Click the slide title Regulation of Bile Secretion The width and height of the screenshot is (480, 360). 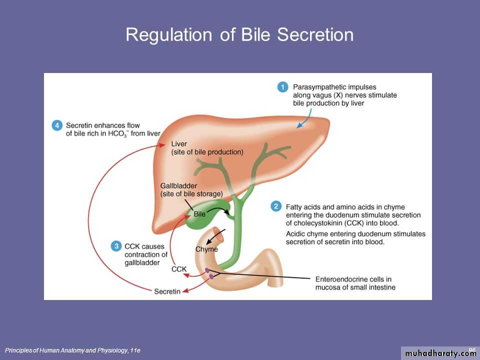(239, 34)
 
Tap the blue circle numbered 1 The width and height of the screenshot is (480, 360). (282, 87)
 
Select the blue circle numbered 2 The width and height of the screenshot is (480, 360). (275, 206)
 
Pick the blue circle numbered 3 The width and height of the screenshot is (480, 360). (116, 246)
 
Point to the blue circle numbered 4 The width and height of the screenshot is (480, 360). (57, 125)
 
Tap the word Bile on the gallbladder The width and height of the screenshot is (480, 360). (199, 214)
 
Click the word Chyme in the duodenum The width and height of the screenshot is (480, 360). (206, 249)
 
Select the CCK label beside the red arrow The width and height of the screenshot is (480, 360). (178, 269)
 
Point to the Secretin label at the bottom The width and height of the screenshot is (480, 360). (167, 291)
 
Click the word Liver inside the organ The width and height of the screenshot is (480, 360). (179, 144)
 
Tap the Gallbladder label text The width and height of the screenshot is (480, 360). (179, 186)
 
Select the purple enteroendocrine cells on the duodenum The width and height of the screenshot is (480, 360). (209, 273)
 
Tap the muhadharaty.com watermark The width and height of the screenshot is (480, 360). (440, 353)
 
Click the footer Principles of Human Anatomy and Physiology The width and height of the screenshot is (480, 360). (72, 350)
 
